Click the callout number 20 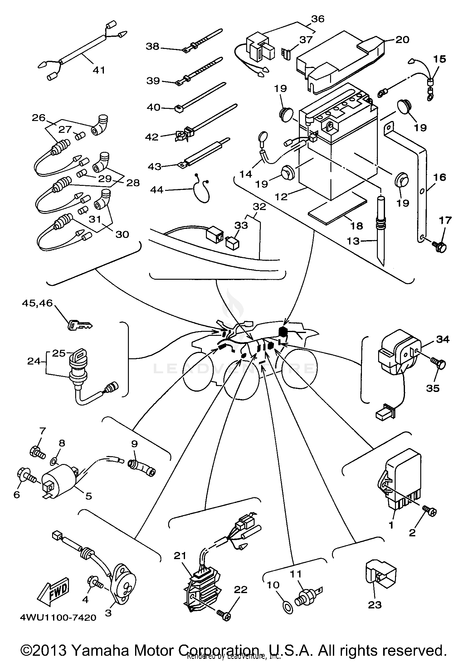click(x=402, y=40)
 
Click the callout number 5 click(x=89, y=495)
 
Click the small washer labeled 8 click(x=54, y=460)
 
